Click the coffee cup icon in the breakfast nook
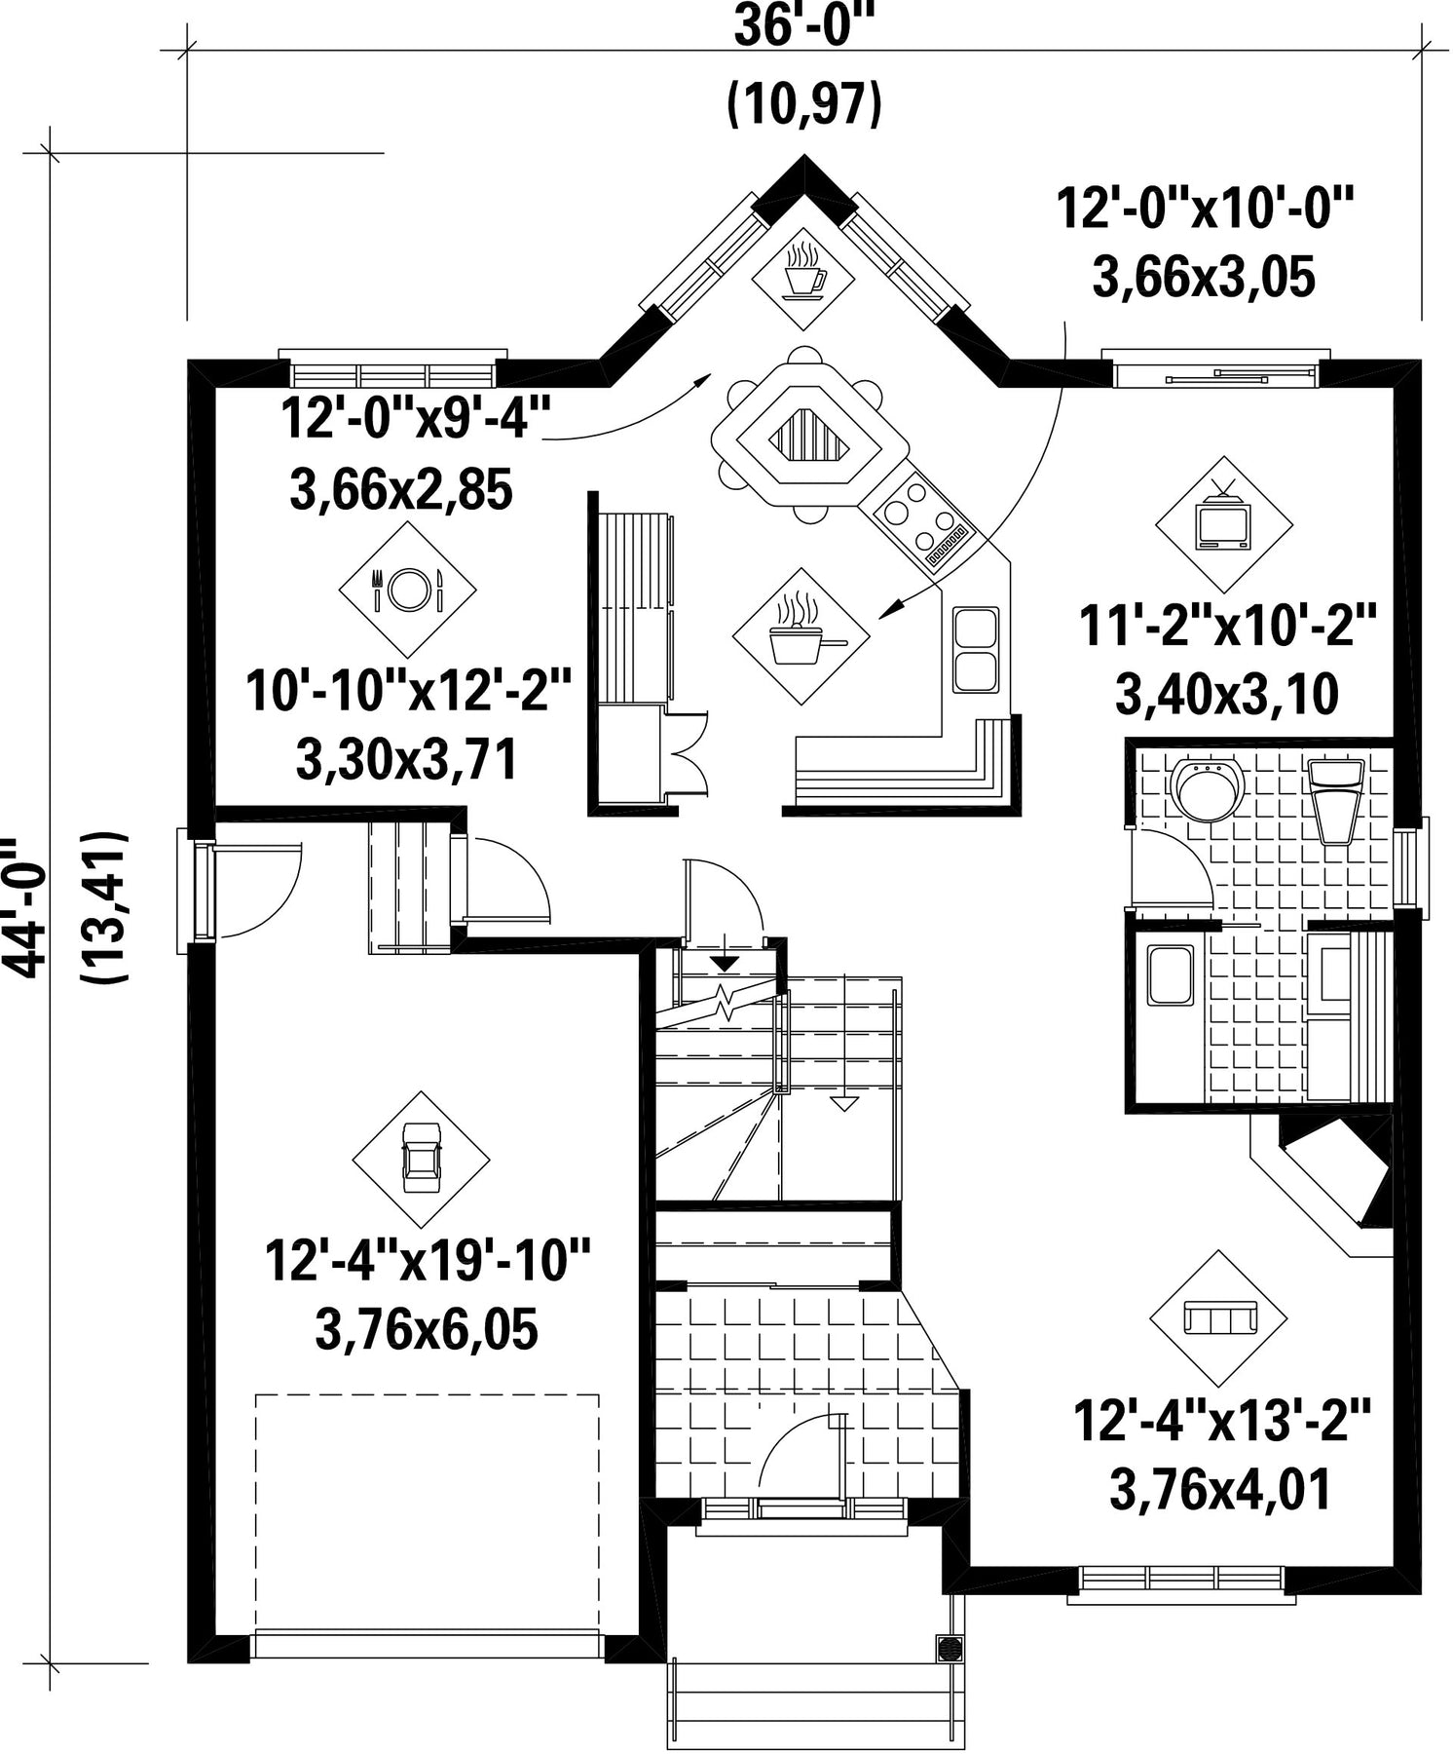click(x=803, y=266)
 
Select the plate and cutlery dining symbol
click(x=407, y=588)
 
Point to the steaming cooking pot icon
click(x=801, y=634)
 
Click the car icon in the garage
click(x=421, y=1159)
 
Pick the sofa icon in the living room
click(x=1218, y=1319)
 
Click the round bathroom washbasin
click(x=1207, y=789)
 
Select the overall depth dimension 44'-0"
click(x=26, y=906)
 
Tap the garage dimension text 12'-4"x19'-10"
click(x=428, y=1260)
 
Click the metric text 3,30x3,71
click(x=406, y=761)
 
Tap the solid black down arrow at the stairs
click(x=724, y=964)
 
